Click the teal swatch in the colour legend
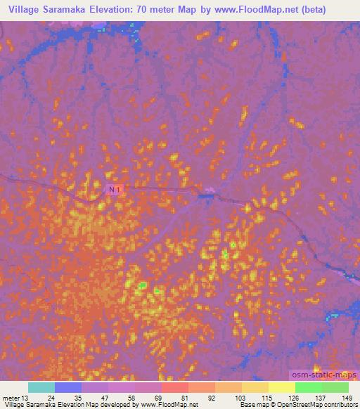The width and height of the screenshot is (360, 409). (x=41, y=387)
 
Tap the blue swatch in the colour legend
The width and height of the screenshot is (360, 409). (x=68, y=387)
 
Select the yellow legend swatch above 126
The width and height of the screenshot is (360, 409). (x=282, y=387)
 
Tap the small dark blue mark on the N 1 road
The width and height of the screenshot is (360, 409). (x=205, y=196)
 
